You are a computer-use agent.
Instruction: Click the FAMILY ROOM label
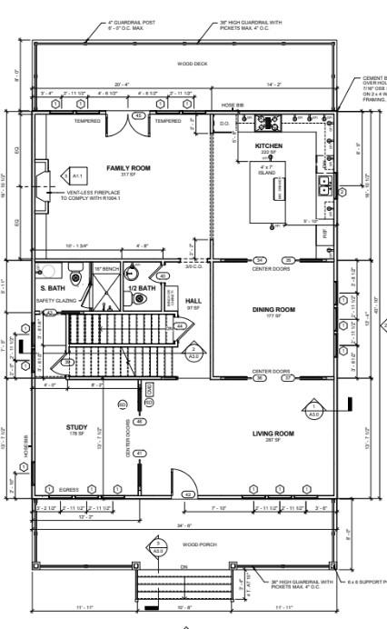[128, 168]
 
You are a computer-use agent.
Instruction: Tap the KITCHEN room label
[268, 145]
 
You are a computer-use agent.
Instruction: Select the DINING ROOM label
[273, 310]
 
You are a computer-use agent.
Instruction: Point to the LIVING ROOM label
[273, 434]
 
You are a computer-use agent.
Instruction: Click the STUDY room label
[76, 426]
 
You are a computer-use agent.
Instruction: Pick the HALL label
[193, 301]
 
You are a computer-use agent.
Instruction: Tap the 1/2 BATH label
[142, 288]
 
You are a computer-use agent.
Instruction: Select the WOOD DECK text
[192, 64]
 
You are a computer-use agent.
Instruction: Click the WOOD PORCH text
[196, 544]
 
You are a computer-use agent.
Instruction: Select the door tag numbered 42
[188, 494]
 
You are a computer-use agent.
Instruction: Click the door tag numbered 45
[138, 115]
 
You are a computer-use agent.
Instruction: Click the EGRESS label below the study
[69, 490]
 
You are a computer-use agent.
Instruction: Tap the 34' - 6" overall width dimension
[184, 525]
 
